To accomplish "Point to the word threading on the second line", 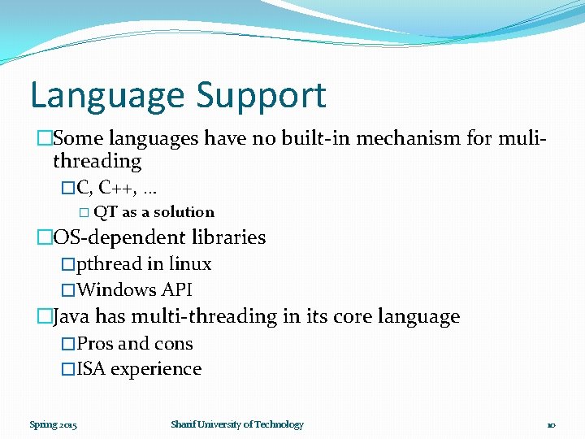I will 97,161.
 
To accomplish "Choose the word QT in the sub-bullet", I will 106,212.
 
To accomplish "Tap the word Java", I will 71,316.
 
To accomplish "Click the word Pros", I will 95,343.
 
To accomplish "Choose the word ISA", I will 91,368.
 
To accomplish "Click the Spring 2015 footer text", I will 53,424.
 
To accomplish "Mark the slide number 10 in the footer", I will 550,424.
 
